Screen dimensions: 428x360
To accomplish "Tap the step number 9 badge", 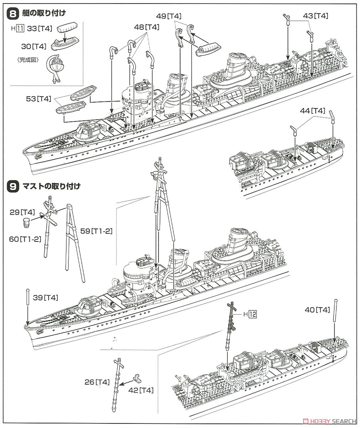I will [13, 186].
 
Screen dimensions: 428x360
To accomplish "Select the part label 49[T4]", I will [169, 16].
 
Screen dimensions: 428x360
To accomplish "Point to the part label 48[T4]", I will [146, 27].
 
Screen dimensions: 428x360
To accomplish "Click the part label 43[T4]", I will [315, 16].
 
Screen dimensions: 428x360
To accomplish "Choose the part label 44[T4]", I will [313, 111].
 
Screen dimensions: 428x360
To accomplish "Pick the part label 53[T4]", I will [38, 99].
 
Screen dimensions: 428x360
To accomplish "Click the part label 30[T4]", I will [34, 46].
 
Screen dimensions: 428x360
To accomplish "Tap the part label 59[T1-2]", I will [102, 231].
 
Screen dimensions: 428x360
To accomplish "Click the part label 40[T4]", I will [317, 310].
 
